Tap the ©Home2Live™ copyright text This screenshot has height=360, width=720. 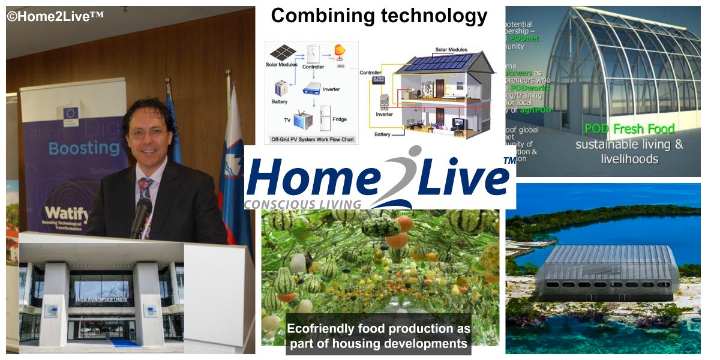pos(55,16)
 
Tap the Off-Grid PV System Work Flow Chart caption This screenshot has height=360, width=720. pos(311,139)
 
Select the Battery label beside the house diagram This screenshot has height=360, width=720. pos(383,135)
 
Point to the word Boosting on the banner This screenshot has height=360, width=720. pos(76,148)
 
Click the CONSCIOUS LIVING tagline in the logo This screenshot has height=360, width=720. pos(303,204)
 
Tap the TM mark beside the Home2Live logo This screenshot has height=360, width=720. pos(509,161)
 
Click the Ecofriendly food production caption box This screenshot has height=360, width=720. pos(379,336)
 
